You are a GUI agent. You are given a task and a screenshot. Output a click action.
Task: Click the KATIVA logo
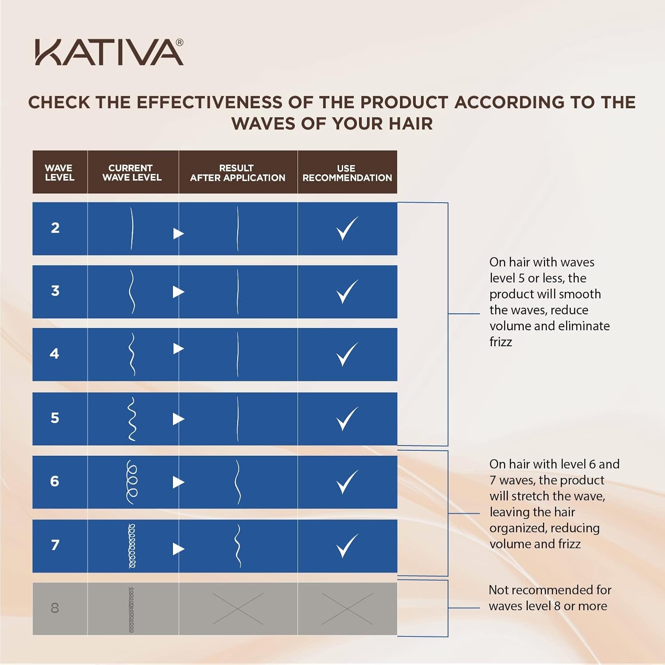tap(109, 52)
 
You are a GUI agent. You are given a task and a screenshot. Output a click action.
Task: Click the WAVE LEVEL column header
tap(59, 172)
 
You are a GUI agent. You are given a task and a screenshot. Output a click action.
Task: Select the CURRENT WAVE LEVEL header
tap(132, 172)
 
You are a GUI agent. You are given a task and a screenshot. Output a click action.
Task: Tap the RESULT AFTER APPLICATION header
tap(238, 173)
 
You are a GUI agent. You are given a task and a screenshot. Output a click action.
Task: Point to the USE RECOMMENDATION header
tap(347, 173)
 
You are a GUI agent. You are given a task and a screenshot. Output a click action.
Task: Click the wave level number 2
tap(55, 228)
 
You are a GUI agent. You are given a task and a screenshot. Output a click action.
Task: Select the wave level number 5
tap(55, 418)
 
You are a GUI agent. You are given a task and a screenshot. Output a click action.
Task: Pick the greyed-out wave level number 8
tap(55, 608)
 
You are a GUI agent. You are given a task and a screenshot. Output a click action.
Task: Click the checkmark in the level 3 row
tap(347, 291)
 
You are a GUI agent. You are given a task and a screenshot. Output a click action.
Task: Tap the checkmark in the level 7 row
tap(347, 546)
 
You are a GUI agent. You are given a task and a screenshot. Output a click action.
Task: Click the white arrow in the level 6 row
tap(178, 482)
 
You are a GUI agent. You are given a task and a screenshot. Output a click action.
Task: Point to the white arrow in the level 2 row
tap(178, 233)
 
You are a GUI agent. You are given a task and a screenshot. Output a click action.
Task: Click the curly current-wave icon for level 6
tap(132, 482)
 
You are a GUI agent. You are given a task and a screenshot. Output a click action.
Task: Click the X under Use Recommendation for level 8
tap(347, 609)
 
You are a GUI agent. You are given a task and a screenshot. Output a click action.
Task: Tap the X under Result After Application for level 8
tap(238, 609)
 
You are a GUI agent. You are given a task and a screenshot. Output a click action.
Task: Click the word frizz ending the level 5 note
tap(501, 342)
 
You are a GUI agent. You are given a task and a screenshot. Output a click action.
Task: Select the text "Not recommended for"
tap(550, 590)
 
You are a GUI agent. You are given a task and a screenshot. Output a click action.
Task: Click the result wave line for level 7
tap(238, 546)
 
